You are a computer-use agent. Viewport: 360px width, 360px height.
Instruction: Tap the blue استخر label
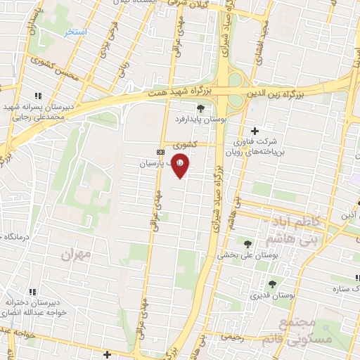tap(75, 33)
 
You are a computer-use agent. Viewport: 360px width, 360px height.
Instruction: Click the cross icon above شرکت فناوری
tap(255, 131)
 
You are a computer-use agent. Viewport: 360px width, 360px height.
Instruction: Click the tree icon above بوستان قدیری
tap(272, 285)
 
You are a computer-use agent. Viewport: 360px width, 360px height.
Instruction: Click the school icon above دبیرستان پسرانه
tap(38, 96)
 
